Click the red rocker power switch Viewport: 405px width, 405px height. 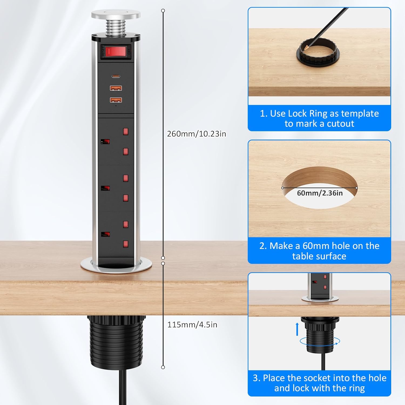point(115,51)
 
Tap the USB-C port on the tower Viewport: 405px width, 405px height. point(116,76)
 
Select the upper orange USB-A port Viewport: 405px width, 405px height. point(116,88)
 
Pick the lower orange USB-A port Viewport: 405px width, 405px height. point(116,100)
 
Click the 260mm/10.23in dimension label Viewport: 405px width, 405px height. point(197,134)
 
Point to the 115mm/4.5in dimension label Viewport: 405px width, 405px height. point(192,325)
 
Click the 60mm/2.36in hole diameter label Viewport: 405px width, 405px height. point(320,193)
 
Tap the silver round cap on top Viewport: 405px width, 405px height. point(116,14)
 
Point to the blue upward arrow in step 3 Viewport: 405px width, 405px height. point(297,329)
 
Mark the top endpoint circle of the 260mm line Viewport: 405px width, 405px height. point(163,11)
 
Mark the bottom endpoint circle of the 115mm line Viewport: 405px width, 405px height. point(163,367)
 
